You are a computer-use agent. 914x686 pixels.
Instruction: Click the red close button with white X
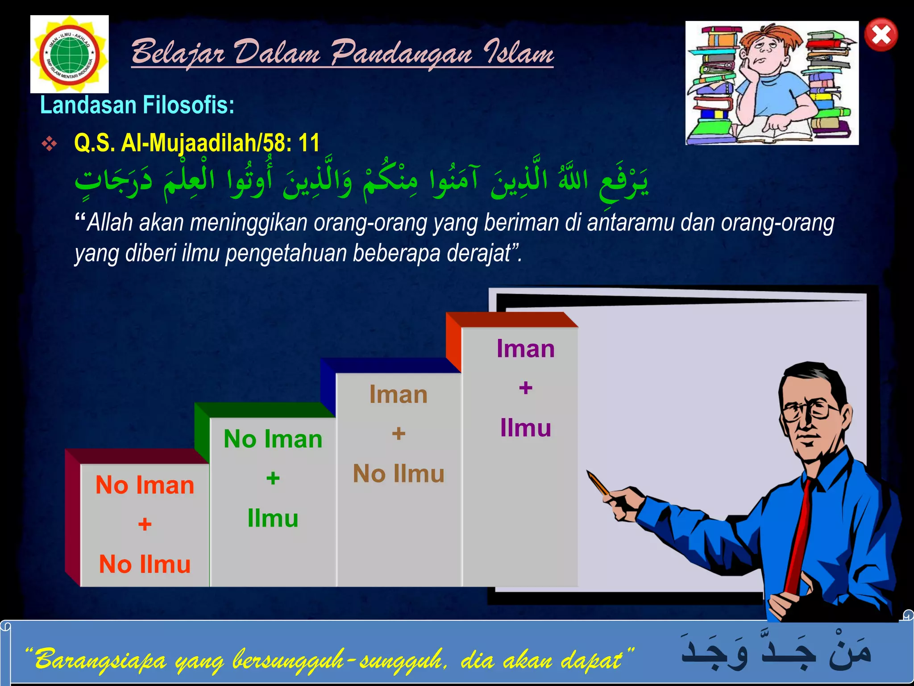881,35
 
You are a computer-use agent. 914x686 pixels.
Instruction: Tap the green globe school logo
70,54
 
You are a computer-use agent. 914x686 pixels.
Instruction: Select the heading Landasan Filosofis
137,105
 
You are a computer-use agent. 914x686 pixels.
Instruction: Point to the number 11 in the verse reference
309,143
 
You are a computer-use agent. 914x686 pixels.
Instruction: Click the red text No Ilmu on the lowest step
145,564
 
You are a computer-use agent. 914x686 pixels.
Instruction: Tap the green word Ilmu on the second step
273,518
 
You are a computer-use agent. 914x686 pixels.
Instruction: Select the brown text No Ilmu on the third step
399,473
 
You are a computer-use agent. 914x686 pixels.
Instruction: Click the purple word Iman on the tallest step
525,348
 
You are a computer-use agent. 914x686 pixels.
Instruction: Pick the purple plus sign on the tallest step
525,388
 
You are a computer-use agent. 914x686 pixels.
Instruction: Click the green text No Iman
273,439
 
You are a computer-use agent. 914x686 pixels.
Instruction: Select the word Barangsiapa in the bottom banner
100,659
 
